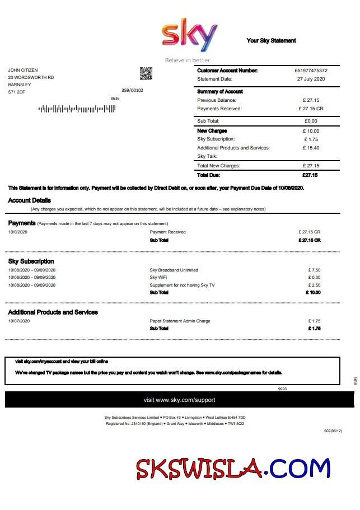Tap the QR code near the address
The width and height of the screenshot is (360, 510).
tap(146, 73)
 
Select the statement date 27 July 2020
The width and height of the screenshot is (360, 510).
tap(311, 79)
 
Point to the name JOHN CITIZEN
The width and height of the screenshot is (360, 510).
tap(23, 70)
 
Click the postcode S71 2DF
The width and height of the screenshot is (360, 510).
tap(16, 92)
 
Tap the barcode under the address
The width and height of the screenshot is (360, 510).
tap(77, 109)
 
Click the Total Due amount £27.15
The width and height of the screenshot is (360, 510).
tap(310, 175)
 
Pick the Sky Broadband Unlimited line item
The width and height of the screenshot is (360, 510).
tap(174, 270)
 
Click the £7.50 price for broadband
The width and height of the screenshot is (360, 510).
tap(314, 270)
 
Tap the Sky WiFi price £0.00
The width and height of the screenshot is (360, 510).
tap(314, 278)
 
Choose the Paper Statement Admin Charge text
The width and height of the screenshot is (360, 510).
tap(180, 321)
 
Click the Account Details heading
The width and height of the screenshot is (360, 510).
tap(29, 200)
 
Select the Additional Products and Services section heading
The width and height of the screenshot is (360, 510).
tap(53, 312)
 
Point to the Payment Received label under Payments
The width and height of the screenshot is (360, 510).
tap(167, 232)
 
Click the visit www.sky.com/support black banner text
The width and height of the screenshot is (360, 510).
tap(179, 400)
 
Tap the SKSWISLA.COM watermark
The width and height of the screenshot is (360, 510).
tap(233, 468)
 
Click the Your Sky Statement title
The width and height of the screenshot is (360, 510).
tap(271, 40)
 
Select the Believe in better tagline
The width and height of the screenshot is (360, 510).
tap(188, 60)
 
